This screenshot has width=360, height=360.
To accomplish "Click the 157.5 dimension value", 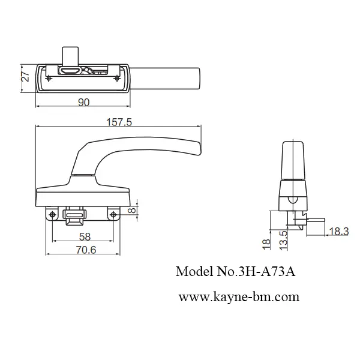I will click(x=119, y=122).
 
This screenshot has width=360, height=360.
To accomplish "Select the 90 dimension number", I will click(x=83, y=103).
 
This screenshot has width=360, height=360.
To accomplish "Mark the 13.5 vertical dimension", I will click(x=284, y=239).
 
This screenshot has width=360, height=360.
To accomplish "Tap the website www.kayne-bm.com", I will click(x=239, y=296).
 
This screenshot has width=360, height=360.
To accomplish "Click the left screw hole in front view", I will click(x=53, y=214).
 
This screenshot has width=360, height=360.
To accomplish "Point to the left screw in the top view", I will click(x=48, y=76).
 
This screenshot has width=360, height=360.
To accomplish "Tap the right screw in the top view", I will click(x=116, y=76).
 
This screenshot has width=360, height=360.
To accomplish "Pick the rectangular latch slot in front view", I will click(x=75, y=214).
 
